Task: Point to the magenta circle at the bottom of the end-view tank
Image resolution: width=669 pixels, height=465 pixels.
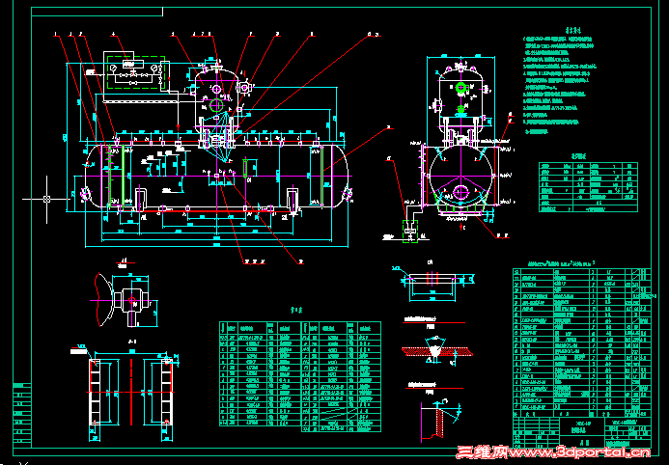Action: (x=461, y=193)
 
